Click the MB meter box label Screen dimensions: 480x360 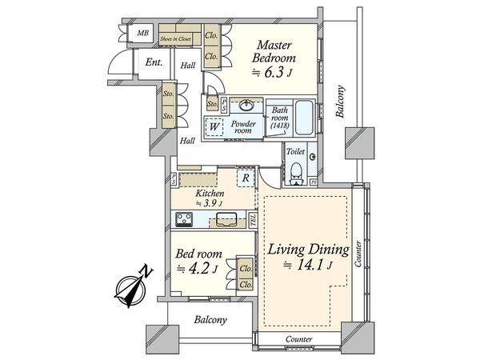[x=142, y=33]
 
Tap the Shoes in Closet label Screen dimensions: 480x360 [x=176, y=39]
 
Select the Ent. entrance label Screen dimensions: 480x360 [x=154, y=62]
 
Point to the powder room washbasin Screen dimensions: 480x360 [x=246, y=106]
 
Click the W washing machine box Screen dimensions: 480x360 [x=214, y=127]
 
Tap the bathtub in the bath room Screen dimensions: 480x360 [x=304, y=118]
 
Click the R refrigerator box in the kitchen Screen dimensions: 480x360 [x=246, y=178]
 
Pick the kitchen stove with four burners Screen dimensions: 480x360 [x=184, y=219]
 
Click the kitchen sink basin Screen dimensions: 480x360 [x=226, y=219]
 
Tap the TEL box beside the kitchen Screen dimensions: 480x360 [x=253, y=220]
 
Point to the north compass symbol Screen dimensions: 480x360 [x=132, y=286]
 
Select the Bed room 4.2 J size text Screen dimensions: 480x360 [x=198, y=269]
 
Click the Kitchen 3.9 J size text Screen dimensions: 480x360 [x=210, y=203]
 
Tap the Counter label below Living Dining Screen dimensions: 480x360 [x=298, y=339]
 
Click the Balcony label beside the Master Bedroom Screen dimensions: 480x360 [x=340, y=102]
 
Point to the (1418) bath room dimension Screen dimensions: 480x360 [x=280, y=126]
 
